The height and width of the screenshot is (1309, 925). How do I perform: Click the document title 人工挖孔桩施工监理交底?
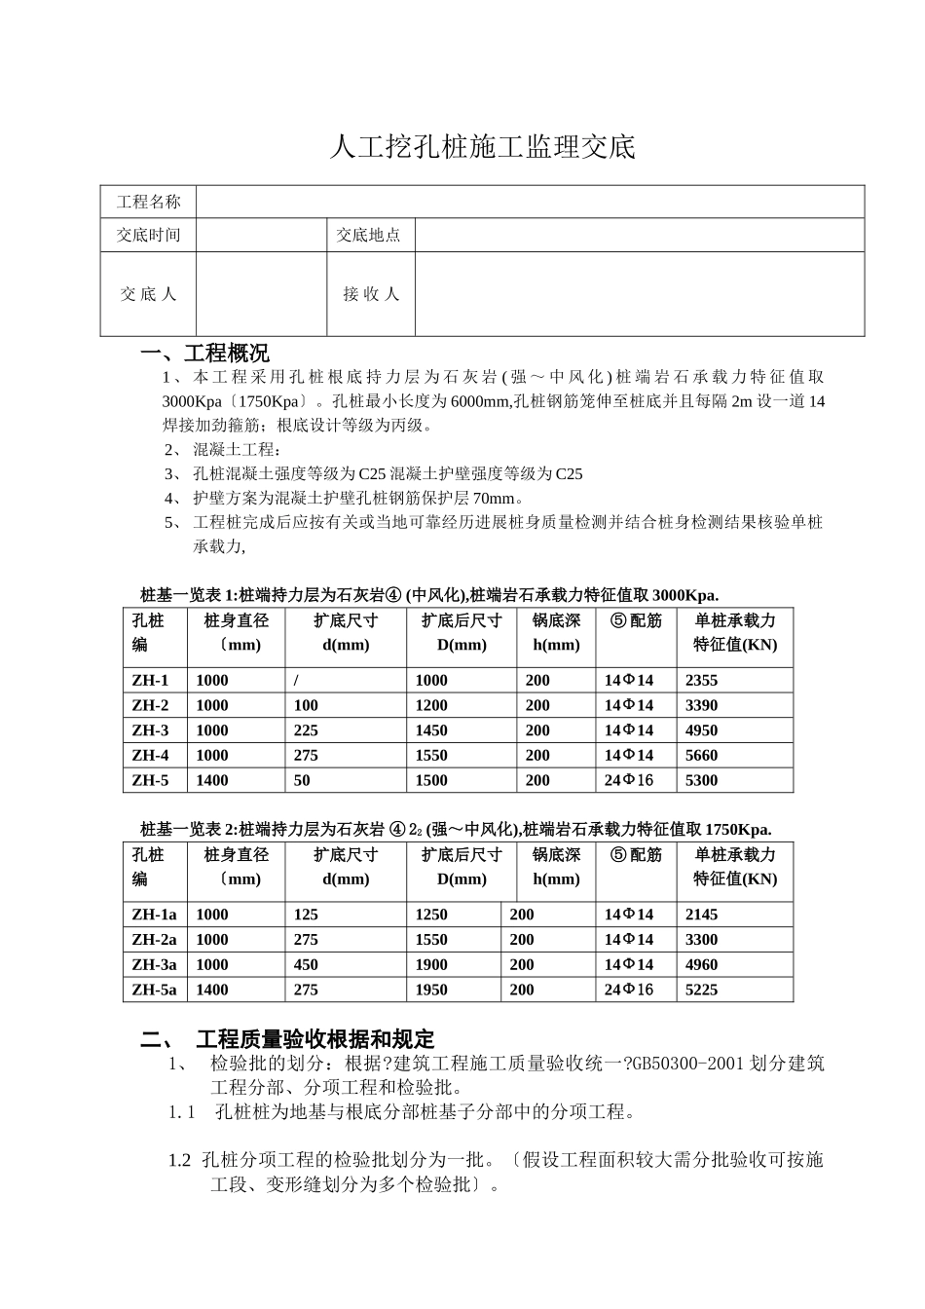(483, 147)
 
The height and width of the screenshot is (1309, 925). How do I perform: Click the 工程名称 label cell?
(148, 202)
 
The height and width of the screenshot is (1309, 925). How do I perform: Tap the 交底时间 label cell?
(148, 235)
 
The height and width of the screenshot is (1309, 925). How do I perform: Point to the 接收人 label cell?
(371, 293)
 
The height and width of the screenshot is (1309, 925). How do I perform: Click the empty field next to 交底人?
(261, 293)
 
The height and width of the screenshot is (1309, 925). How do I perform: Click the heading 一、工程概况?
(205, 353)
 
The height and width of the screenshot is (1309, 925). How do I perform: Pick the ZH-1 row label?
(150, 680)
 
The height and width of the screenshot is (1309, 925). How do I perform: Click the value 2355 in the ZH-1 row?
(701, 680)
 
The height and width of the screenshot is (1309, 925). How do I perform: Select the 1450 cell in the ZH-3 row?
(431, 730)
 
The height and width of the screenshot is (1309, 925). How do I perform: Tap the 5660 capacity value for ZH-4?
(701, 755)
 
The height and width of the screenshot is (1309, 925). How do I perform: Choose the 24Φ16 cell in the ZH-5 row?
(629, 780)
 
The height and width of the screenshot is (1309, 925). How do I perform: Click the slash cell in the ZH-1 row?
(295, 680)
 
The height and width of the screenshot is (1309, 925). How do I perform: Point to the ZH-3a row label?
(154, 964)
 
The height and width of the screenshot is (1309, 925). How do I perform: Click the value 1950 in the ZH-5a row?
(431, 990)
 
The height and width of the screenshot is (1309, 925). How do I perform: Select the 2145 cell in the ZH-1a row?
(701, 914)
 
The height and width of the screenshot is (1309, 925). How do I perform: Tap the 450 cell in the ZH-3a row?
(306, 964)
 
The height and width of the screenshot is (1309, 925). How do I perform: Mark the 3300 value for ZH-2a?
(701, 939)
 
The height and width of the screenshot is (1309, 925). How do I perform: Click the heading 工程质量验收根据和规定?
(314, 1039)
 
